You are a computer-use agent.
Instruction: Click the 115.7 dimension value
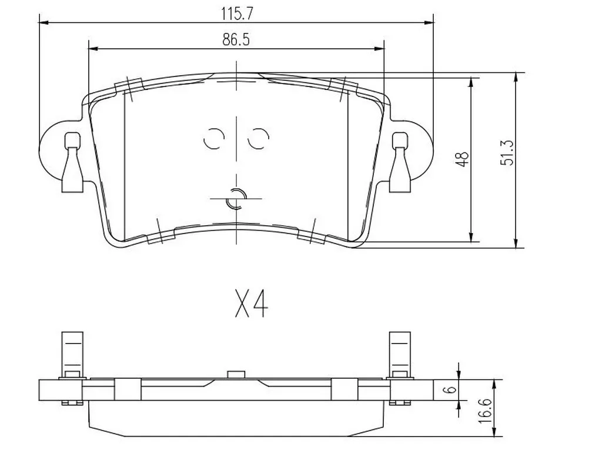(237, 14)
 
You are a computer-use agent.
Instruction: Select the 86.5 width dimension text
(236, 39)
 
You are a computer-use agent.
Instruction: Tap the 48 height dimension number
(463, 159)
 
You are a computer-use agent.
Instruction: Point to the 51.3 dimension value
(507, 152)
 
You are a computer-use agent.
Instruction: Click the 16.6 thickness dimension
(485, 411)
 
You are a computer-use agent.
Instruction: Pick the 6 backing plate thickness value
(451, 389)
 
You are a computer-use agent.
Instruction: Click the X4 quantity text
(252, 304)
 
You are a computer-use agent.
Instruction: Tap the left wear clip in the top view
(72, 162)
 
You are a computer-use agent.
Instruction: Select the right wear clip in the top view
(400, 162)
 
